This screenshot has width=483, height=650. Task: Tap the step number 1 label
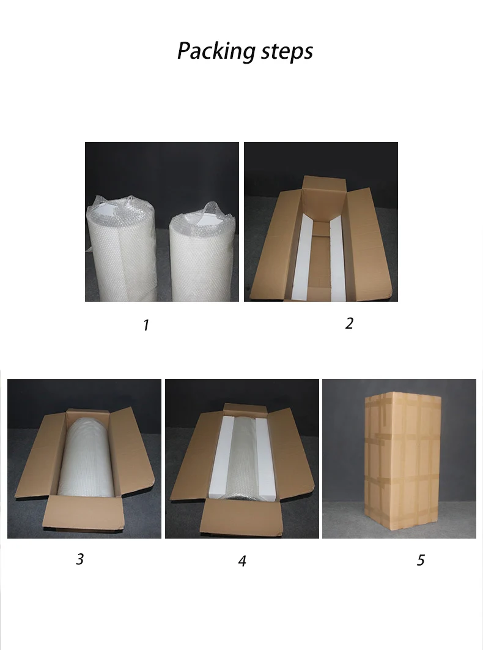[x=146, y=326]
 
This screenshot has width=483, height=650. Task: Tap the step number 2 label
[x=349, y=323]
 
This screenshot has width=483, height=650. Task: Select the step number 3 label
[x=79, y=559]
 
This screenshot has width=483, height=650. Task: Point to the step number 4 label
[x=242, y=561]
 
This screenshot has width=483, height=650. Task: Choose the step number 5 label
[x=421, y=560]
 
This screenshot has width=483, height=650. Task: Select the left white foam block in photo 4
[x=219, y=459]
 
